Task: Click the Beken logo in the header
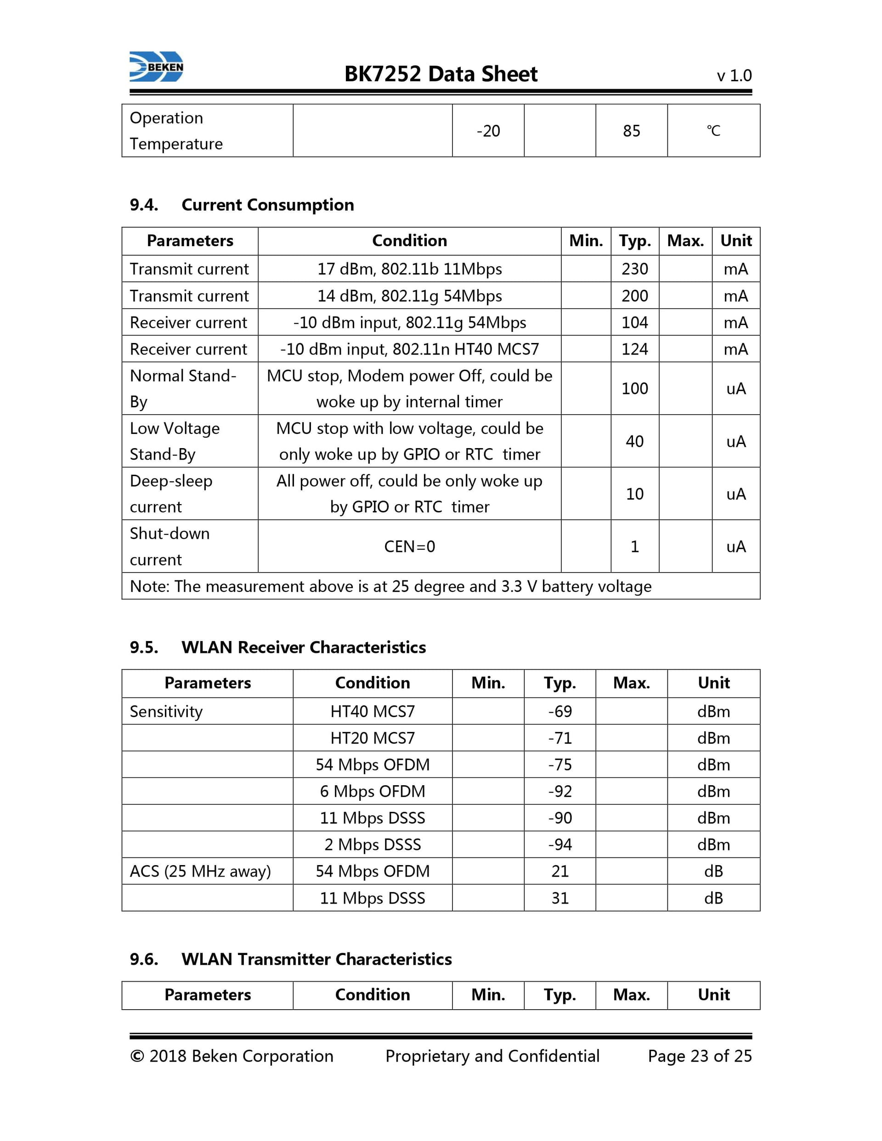[x=156, y=67]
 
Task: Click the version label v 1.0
[x=734, y=76]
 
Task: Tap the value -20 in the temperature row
[x=488, y=130]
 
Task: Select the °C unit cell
[x=713, y=130]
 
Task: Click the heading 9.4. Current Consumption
[x=242, y=205]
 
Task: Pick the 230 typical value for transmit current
[x=634, y=269]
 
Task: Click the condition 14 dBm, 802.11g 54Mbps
[x=409, y=296]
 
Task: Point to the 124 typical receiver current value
[x=634, y=349]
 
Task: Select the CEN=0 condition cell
[x=409, y=546]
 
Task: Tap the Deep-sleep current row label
[x=171, y=494]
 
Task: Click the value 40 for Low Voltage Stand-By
[x=634, y=441]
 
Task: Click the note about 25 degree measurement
[x=390, y=586]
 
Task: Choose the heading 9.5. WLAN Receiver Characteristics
[x=277, y=647]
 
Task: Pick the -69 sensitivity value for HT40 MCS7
[x=560, y=712]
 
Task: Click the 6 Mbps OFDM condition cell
[x=372, y=792]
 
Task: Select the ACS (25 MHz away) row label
[x=200, y=871]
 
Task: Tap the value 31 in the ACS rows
[x=560, y=898]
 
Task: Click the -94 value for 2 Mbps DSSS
[x=560, y=845]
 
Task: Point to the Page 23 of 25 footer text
[x=699, y=1056]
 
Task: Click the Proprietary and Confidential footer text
[x=492, y=1056]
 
